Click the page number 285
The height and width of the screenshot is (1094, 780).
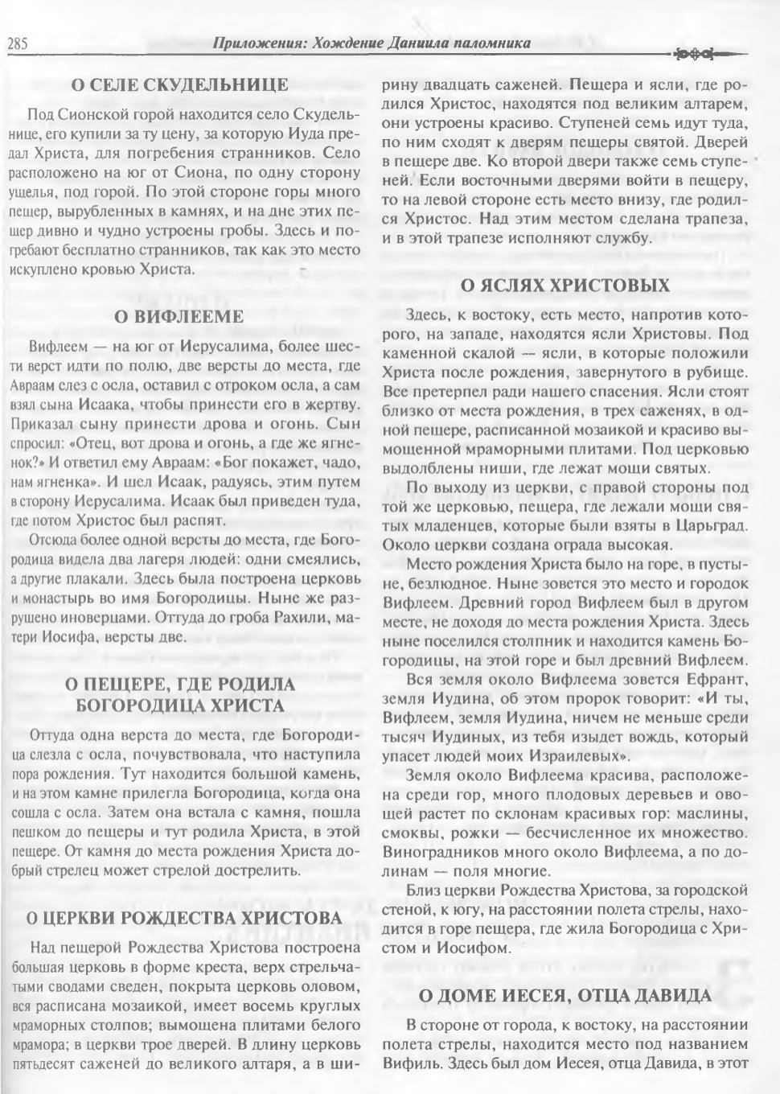coord(18,44)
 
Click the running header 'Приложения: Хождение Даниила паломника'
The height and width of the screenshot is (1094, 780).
coord(371,43)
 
